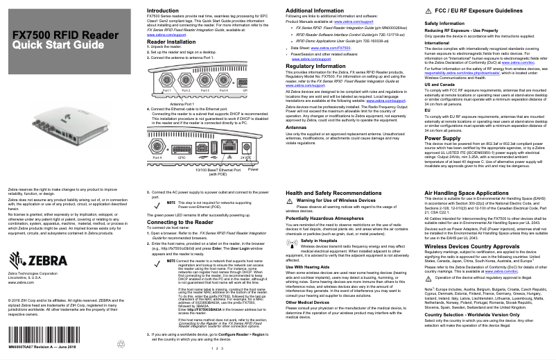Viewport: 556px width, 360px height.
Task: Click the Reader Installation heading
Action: [x=171, y=42]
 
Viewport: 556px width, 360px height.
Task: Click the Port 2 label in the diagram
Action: [x=186, y=91]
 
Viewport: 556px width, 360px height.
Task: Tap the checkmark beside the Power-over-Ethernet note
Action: [x=153, y=204]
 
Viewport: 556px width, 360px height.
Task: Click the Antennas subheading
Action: [x=297, y=127]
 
